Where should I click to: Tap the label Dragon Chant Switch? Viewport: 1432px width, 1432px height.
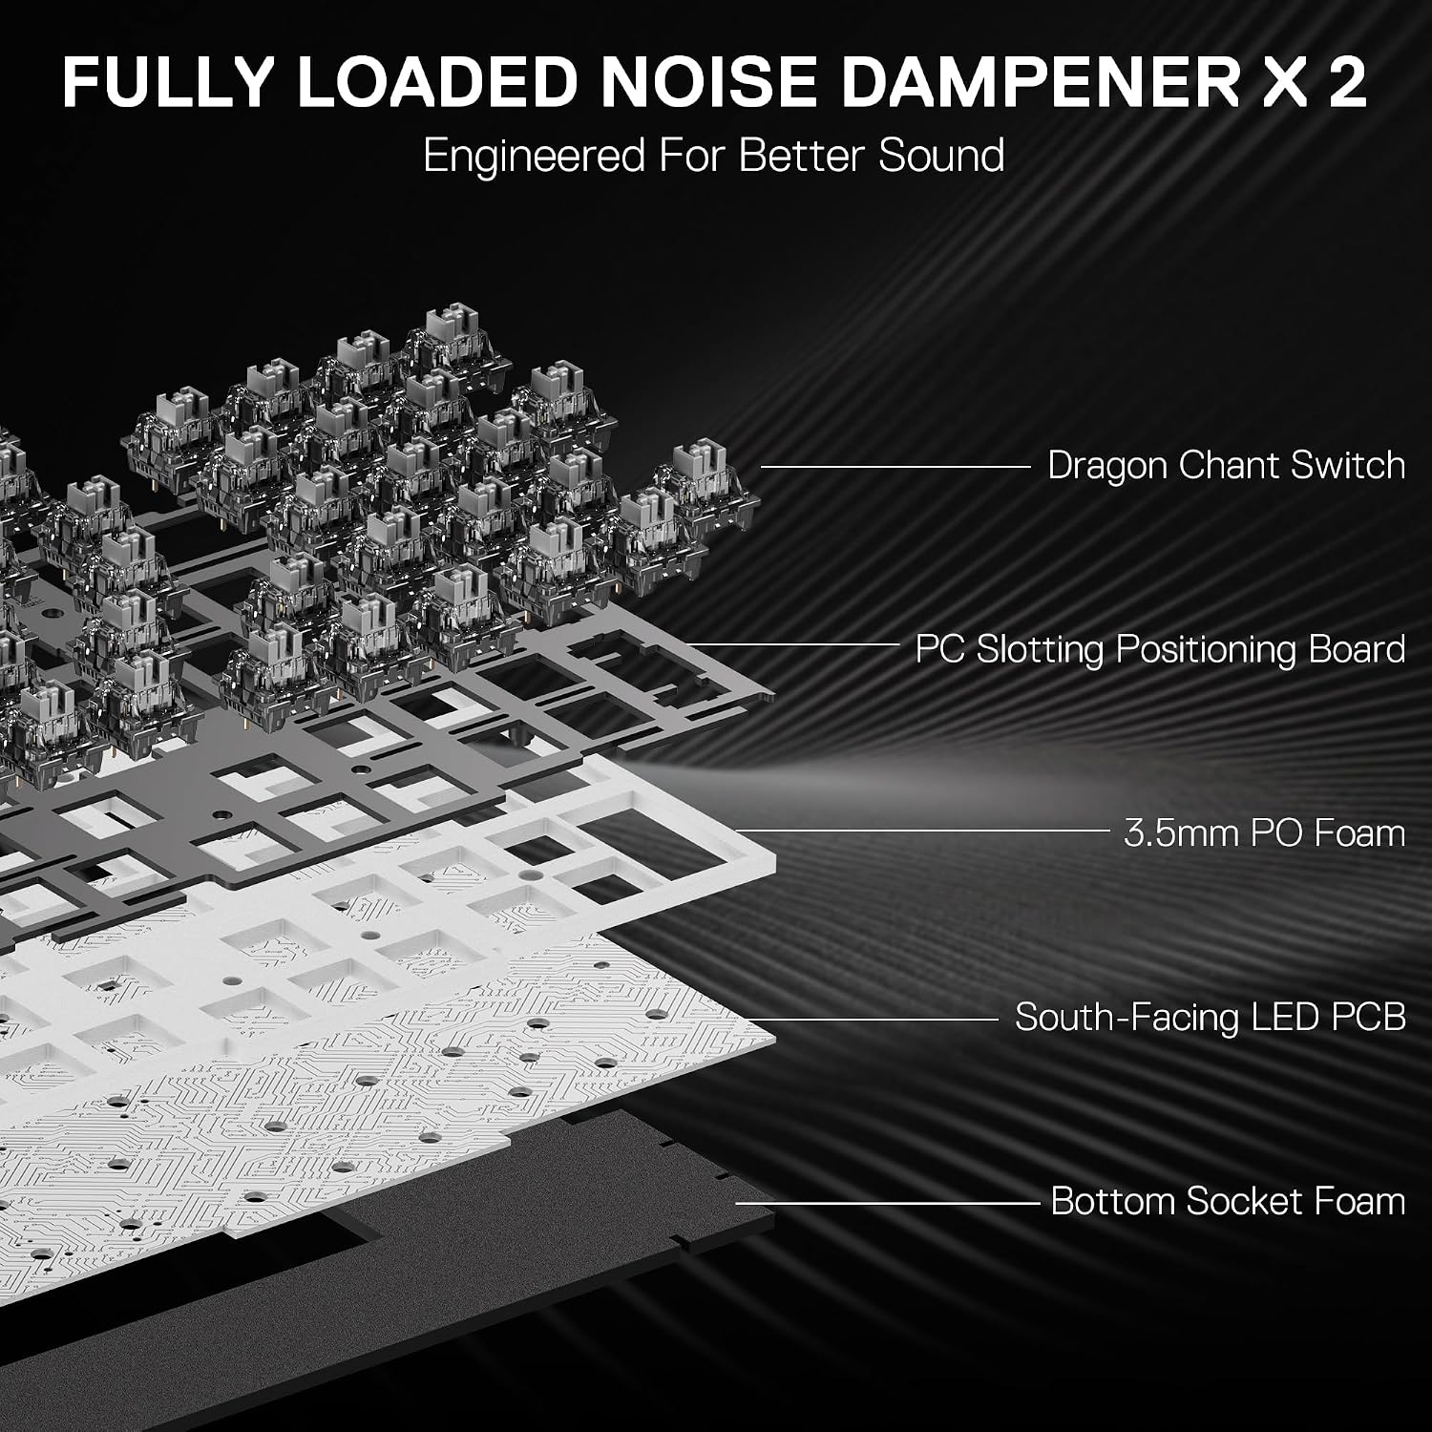click(x=1227, y=466)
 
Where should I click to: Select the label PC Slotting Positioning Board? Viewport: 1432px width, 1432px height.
click(x=1160, y=649)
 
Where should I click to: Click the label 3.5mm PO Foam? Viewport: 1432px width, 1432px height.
click(x=1265, y=832)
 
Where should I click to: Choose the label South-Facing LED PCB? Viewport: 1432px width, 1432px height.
click(x=1211, y=1017)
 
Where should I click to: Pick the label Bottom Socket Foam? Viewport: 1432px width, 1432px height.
click(x=1229, y=1201)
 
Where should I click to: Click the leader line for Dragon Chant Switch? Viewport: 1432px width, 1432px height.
click(x=896, y=467)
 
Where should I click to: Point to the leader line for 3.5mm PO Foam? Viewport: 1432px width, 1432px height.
click(x=922, y=831)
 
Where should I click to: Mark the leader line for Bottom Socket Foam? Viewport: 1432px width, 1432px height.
click(x=887, y=1203)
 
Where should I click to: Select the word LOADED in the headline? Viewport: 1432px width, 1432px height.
click(x=437, y=81)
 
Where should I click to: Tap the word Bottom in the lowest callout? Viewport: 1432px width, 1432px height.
click(x=1113, y=1201)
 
